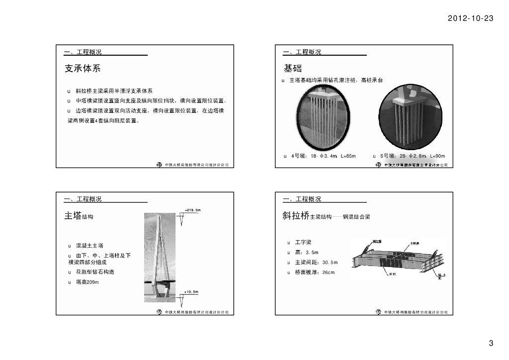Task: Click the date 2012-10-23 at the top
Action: click(470, 18)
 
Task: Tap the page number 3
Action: click(491, 343)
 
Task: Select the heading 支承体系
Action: click(83, 68)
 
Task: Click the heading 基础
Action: click(293, 68)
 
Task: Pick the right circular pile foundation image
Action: click(410, 118)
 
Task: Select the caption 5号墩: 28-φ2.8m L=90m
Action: click(412, 156)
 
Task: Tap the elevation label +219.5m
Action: click(192, 210)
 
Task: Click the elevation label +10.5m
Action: click(191, 291)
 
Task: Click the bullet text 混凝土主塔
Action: click(89, 246)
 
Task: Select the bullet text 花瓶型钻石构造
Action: click(95, 272)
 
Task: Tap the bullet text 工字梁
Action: click(303, 243)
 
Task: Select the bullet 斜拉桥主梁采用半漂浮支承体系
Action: click(114, 91)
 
